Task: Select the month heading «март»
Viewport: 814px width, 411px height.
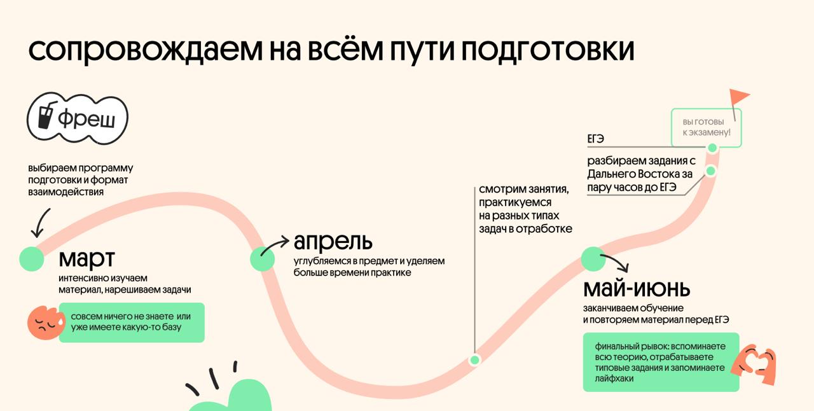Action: click(x=87, y=259)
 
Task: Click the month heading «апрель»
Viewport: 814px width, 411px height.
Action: click(x=333, y=241)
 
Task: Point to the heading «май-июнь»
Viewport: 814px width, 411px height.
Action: click(x=637, y=289)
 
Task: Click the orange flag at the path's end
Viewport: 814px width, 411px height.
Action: click(x=739, y=98)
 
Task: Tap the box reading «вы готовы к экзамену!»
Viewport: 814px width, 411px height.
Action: click(x=706, y=127)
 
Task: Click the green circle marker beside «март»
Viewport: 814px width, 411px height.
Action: click(x=31, y=258)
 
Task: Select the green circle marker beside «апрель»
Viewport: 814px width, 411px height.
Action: click(x=262, y=259)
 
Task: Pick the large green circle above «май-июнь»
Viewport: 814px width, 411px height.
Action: click(x=594, y=258)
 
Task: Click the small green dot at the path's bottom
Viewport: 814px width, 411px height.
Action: click(x=474, y=360)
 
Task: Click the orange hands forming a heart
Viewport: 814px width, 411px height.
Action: click(x=754, y=365)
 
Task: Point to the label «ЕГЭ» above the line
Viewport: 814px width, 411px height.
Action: click(x=596, y=138)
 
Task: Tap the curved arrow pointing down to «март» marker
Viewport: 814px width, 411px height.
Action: click(x=39, y=223)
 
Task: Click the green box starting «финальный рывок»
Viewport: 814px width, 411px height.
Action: click(x=661, y=361)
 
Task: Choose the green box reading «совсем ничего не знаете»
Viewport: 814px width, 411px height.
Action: click(x=132, y=322)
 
